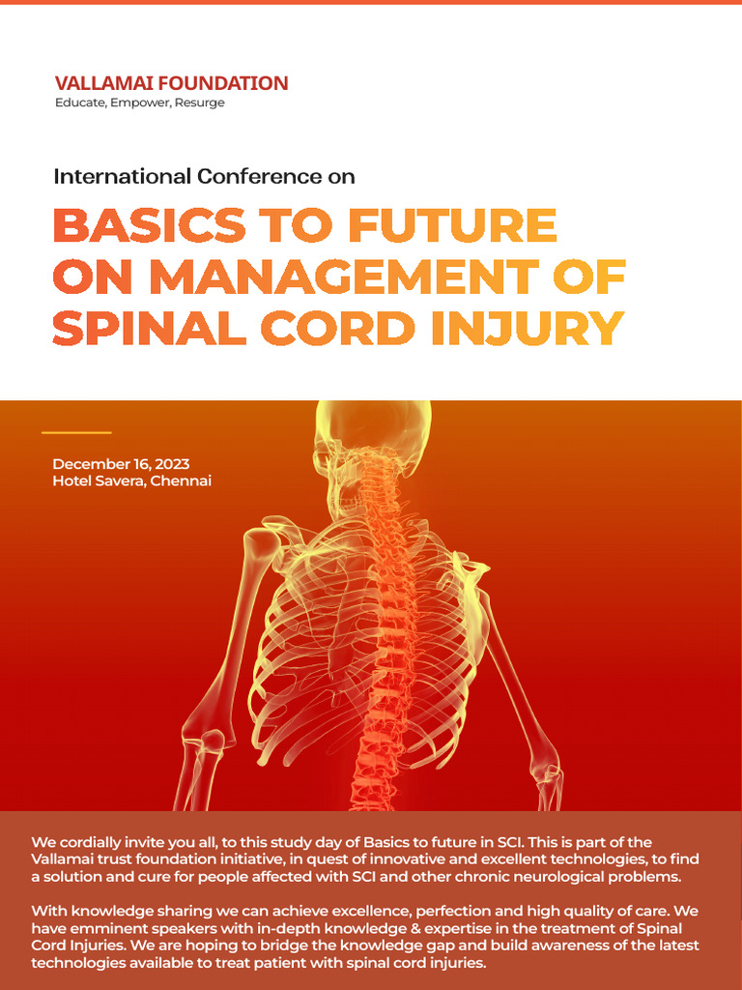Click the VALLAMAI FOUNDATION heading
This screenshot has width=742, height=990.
click(171, 83)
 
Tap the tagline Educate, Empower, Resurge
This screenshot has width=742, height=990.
click(139, 102)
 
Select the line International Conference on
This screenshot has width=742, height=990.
click(204, 177)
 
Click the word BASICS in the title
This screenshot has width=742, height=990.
click(148, 226)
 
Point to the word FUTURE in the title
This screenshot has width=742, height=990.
click(452, 226)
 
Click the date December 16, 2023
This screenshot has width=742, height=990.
click(121, 464)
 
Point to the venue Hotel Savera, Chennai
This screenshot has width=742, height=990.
click(131, 480)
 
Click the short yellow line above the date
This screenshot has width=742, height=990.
click(77, 432)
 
